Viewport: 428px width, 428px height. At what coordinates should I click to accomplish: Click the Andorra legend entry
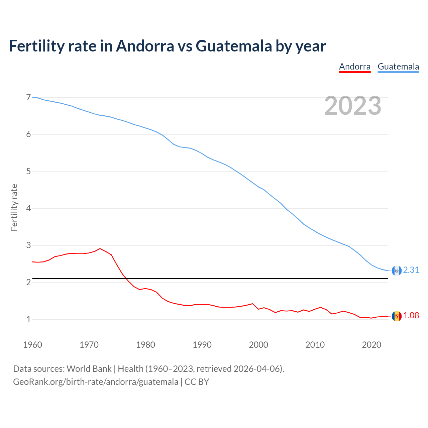tap(355, 67)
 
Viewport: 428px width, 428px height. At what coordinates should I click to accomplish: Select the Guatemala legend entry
tap(398, 67)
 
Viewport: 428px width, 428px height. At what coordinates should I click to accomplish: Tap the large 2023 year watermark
tap(353, 106)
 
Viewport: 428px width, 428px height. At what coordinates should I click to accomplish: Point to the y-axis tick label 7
tap(28, 97)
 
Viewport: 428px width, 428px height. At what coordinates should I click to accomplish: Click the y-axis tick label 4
tap(28, 208)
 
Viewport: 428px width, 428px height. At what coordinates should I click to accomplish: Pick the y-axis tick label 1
tap(28, 319)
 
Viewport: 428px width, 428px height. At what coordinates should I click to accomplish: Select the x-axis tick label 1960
tap(32, 345)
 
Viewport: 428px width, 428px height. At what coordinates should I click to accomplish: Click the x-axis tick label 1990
tap(202, 345)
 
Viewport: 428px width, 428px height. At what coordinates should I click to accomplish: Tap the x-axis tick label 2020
tap(371, 345)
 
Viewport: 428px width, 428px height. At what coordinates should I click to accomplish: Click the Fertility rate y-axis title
tap(14, 207)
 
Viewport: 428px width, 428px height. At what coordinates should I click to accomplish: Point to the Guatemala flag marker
tap(397, 271)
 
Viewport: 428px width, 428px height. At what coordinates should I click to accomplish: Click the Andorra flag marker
tap(397, 316)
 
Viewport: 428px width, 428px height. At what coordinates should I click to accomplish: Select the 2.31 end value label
tap(411, 270)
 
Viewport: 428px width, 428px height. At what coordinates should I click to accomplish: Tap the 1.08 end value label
tap(411, 315)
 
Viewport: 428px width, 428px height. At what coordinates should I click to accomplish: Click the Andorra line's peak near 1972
tap(100, 248)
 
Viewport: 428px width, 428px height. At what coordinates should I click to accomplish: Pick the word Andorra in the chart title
tap(145, 46)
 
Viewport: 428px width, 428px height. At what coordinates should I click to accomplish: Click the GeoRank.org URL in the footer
tap(96, 382)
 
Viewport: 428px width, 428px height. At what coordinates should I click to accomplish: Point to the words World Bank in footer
tap(89, 368)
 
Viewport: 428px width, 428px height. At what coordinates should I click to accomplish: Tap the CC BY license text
tap(197, 382)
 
